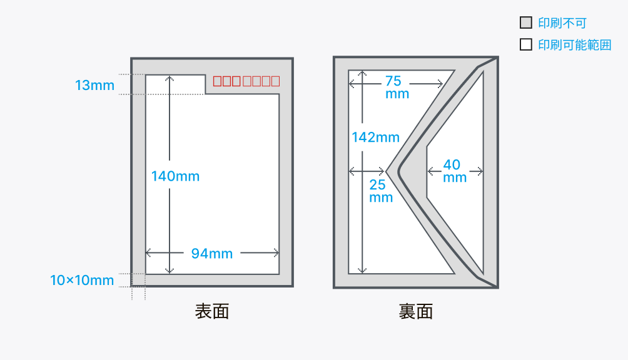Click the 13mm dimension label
pos(94,85)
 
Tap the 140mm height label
pos(175,176)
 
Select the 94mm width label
pos(212,253)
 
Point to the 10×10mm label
pos(82,280)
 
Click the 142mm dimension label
pos(376,137)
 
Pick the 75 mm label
pos(397,87)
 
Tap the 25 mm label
pos(380,191)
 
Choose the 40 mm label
pos(455,171)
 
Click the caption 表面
pos(212,311)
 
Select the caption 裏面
pos(416,311)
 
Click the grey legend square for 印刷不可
pos(526,22)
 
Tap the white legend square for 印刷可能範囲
pos(526,44)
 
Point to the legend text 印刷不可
pos(562,22)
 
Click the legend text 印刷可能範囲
pos(575,45)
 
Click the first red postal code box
pos(217,81)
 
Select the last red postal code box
pos(276,81)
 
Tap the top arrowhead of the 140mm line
pos(170,78)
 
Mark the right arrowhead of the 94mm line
pos(276,252)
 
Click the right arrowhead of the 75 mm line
pos(440,84)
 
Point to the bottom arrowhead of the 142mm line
pos(362,271)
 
